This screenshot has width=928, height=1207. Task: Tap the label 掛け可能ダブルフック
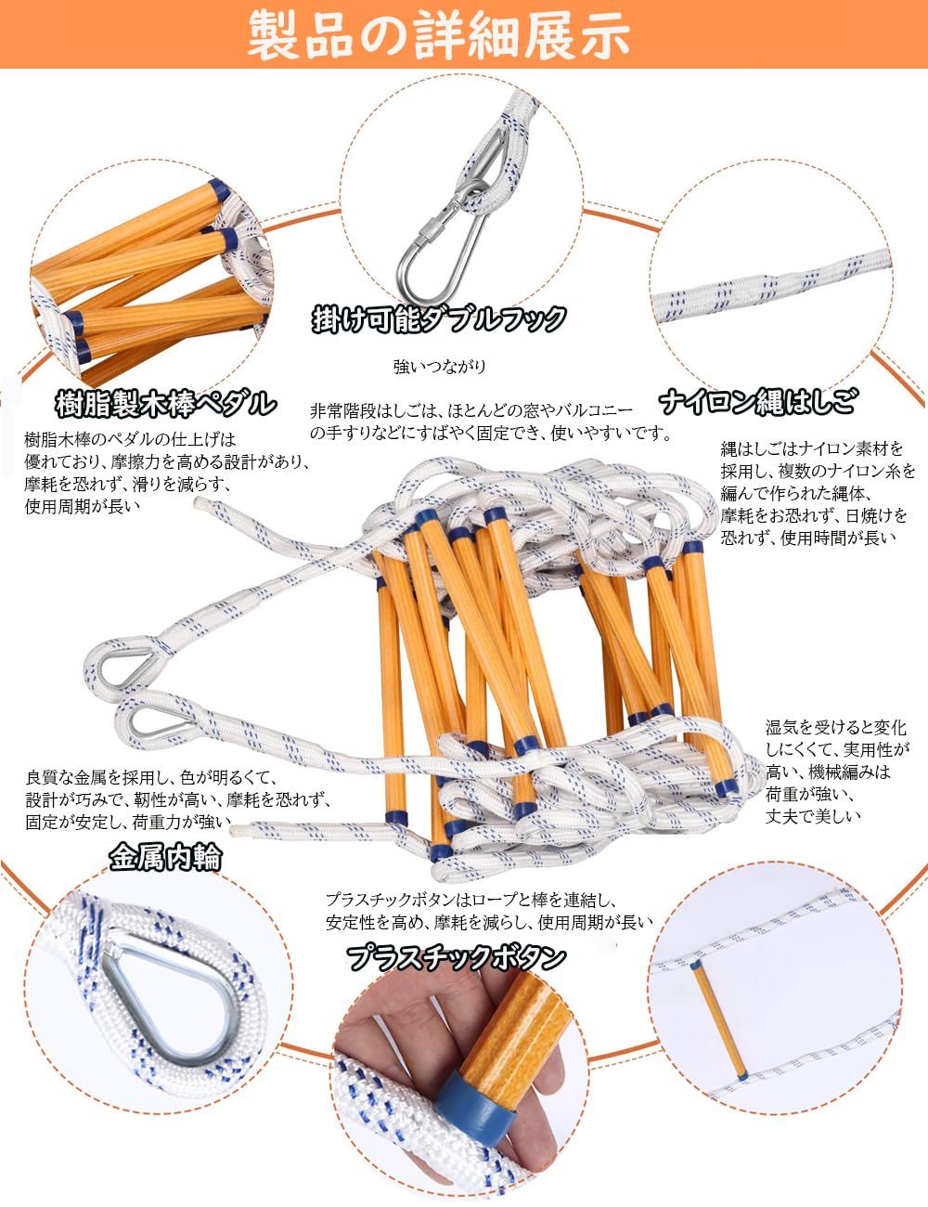438,319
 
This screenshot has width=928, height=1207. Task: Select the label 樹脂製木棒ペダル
164,402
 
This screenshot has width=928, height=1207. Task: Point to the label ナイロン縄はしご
758,402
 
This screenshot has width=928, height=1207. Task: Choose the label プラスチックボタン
456,956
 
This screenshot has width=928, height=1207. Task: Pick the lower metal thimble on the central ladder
177,720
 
